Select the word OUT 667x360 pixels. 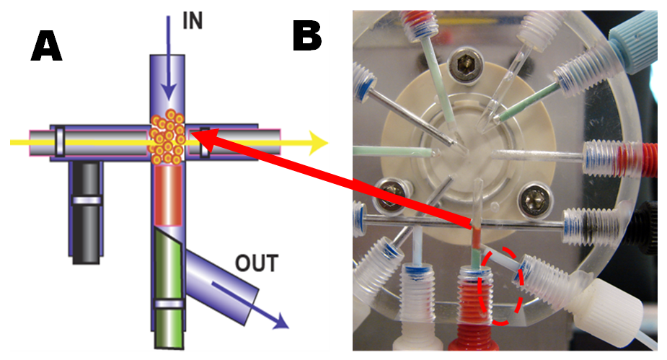tap(255, 263)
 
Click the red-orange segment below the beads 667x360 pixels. tap(167, 196)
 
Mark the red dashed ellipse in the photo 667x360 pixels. tap(503, 286)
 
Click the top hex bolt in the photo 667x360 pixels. tap(464, 69)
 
